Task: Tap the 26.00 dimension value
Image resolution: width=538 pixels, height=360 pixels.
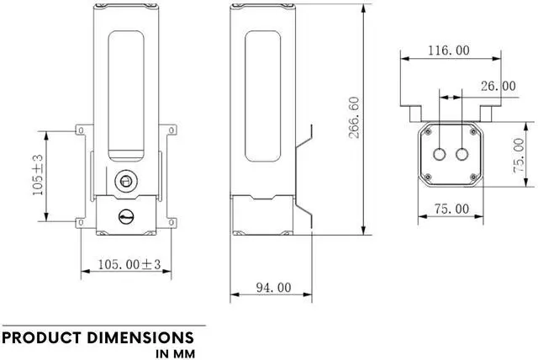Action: (x=498, y=86)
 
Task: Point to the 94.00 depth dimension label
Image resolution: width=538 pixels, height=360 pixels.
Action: (x=272, y=288)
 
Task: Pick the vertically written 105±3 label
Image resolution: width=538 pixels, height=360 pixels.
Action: (x=38, y=174)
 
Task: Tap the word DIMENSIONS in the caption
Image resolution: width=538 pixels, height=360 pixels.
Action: (x=144, y=338)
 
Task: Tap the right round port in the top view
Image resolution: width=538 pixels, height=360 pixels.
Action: (x=460, y=155)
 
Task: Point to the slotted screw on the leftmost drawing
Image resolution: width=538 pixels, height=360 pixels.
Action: (x=125, y=217)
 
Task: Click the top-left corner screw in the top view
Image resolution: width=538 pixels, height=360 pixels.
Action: (x=427, y=132)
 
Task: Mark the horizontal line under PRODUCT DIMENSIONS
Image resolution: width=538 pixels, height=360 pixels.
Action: (x=103, y=326)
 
